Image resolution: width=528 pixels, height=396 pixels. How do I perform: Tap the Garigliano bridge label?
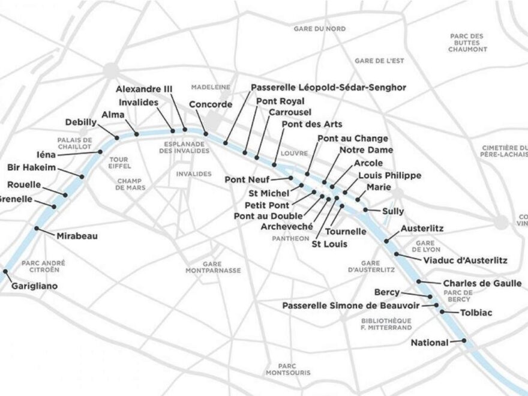click(x=35, y=286)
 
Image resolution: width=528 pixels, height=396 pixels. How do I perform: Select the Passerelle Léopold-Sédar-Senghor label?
click(x=328, y=88)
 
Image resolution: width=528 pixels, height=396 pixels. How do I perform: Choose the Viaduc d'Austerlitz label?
click(x=466, y=260)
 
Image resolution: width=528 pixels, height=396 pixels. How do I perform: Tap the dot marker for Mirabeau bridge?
click(x=37, y=228)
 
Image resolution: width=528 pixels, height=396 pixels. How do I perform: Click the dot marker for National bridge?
click(x=464, y=341)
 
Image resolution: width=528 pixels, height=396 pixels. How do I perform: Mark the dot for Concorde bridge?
click(x=206, y=133)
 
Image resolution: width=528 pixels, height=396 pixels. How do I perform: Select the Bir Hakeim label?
click(x=30, y=166)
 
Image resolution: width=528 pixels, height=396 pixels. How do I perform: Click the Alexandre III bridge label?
click(x=144, y=89)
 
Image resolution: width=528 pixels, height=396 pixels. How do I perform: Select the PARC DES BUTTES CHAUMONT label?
click(x=467, y=43)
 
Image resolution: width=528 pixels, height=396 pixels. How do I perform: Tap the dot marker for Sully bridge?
click(x=366, y=209)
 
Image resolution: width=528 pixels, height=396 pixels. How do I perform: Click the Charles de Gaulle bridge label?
click(x=482, y=284)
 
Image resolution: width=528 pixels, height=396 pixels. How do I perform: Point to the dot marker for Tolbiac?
click(x=442, y=311)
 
